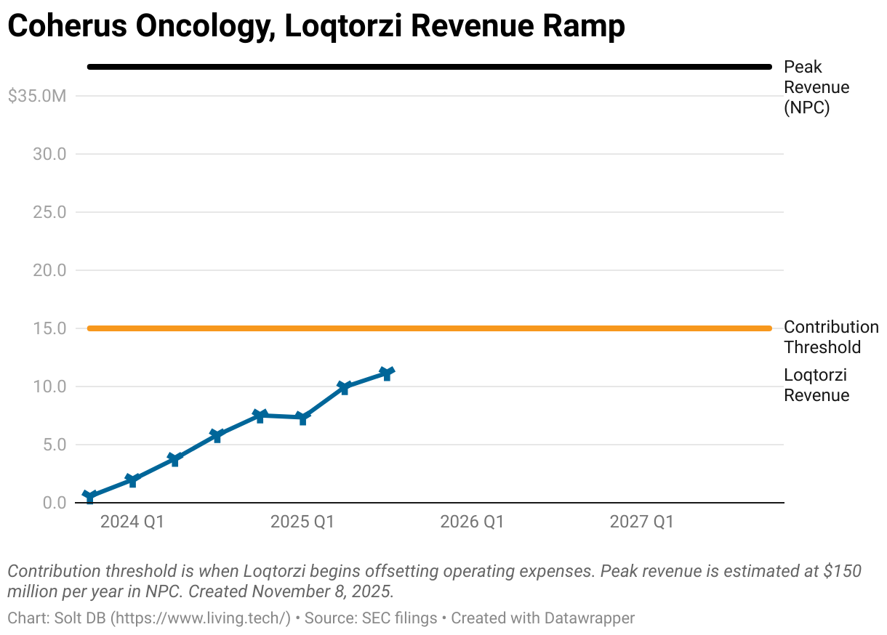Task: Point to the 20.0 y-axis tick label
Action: (x=50, y=270)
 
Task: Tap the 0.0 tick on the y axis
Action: (x=54, y=503)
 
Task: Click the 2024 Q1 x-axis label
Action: (x=132, y=522)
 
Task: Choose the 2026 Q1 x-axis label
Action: (x=472, y=522)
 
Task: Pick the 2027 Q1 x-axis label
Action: (x=641, y=522)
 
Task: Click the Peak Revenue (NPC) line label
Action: (x=816, y=87)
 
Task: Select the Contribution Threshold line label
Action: (x=830, y=337)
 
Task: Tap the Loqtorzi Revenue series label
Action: (x=816, y=385)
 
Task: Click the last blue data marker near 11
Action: (x=387, y=373)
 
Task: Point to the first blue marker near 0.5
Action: (x=89, y=497)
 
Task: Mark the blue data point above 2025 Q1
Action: (x=302, y=418)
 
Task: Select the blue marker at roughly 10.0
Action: (x=345, y=387)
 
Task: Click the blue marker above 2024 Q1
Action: (x=132, y=480)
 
